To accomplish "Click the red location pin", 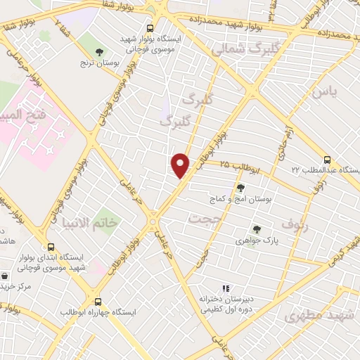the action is click(x=181, y=165).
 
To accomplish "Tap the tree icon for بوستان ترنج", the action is click(x=99, y=51).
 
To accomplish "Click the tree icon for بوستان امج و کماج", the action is click(x=241, y=188).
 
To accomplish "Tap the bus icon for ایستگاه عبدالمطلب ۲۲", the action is click(x=328, y=160).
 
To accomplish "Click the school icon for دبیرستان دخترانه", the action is click(x=226, y=288).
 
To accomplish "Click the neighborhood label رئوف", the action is click(x=295, y=224).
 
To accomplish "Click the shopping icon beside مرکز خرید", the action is click(x=6, y=276).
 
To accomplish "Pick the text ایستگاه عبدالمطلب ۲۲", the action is click(x=327, y=171).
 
